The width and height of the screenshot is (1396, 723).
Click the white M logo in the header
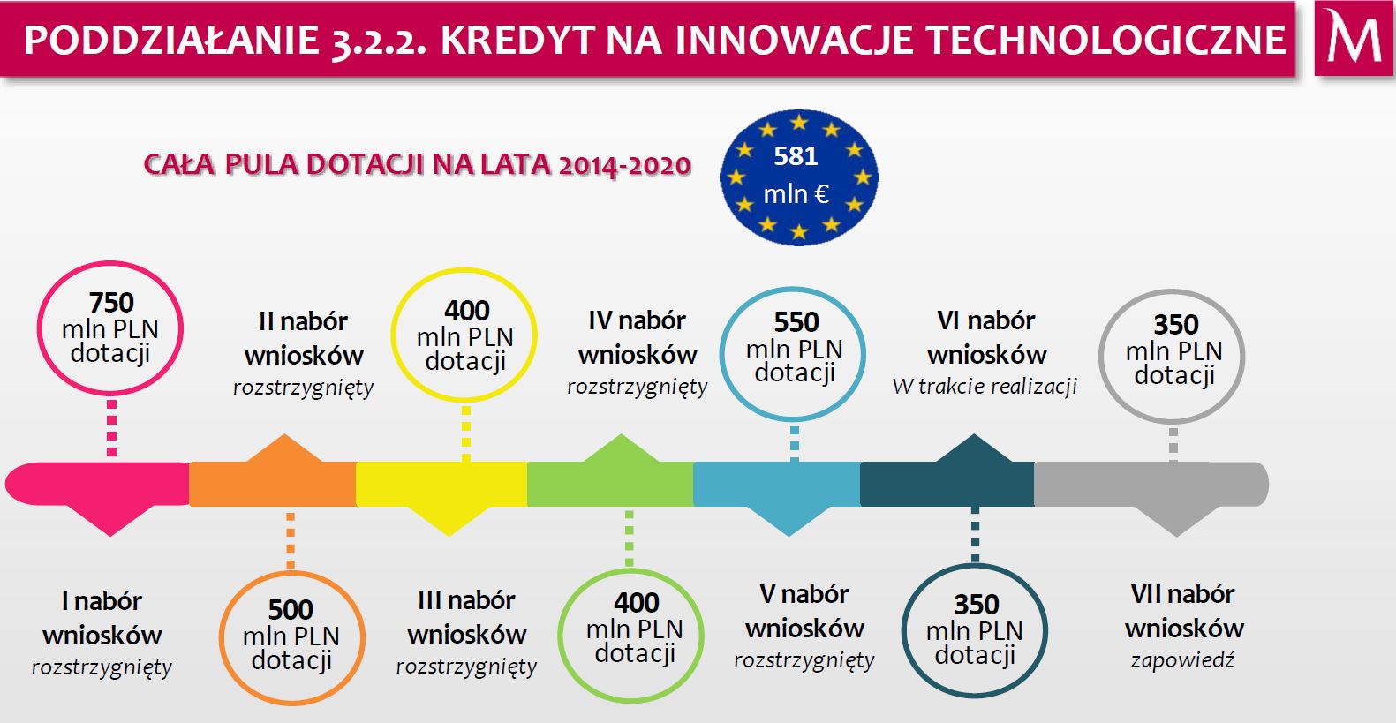1354,37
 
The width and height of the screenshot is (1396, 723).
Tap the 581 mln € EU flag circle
799,177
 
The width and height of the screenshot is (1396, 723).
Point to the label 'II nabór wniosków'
304,338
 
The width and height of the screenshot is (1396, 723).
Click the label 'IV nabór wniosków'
637,338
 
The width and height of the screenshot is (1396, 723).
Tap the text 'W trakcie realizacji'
985,387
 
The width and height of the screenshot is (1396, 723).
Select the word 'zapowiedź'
1182,660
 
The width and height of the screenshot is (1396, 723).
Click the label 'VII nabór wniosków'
1184,611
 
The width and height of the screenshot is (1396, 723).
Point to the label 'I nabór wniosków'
102,618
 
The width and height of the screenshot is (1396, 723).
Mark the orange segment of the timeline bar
272,484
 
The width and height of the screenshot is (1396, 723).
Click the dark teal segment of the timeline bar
947,484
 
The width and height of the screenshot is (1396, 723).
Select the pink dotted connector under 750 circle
111,428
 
